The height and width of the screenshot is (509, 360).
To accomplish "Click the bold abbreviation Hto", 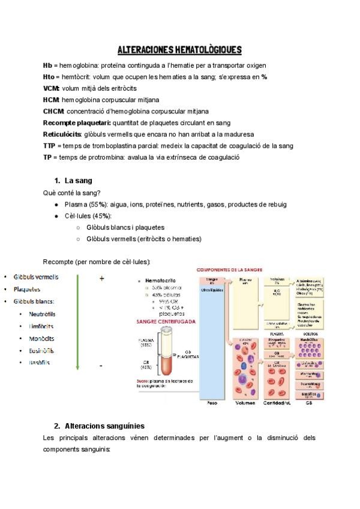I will tap(50, 77).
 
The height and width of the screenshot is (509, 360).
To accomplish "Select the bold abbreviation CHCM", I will tap(54, 111).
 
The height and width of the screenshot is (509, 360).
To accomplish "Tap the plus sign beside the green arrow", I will tap(102, 279).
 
